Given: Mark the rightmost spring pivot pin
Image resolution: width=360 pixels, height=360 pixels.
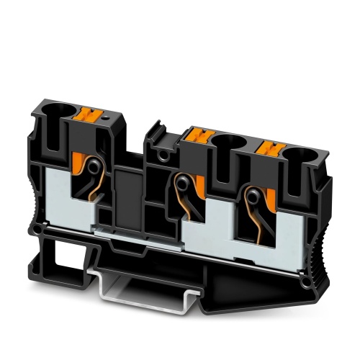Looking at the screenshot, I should coord(253,194).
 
